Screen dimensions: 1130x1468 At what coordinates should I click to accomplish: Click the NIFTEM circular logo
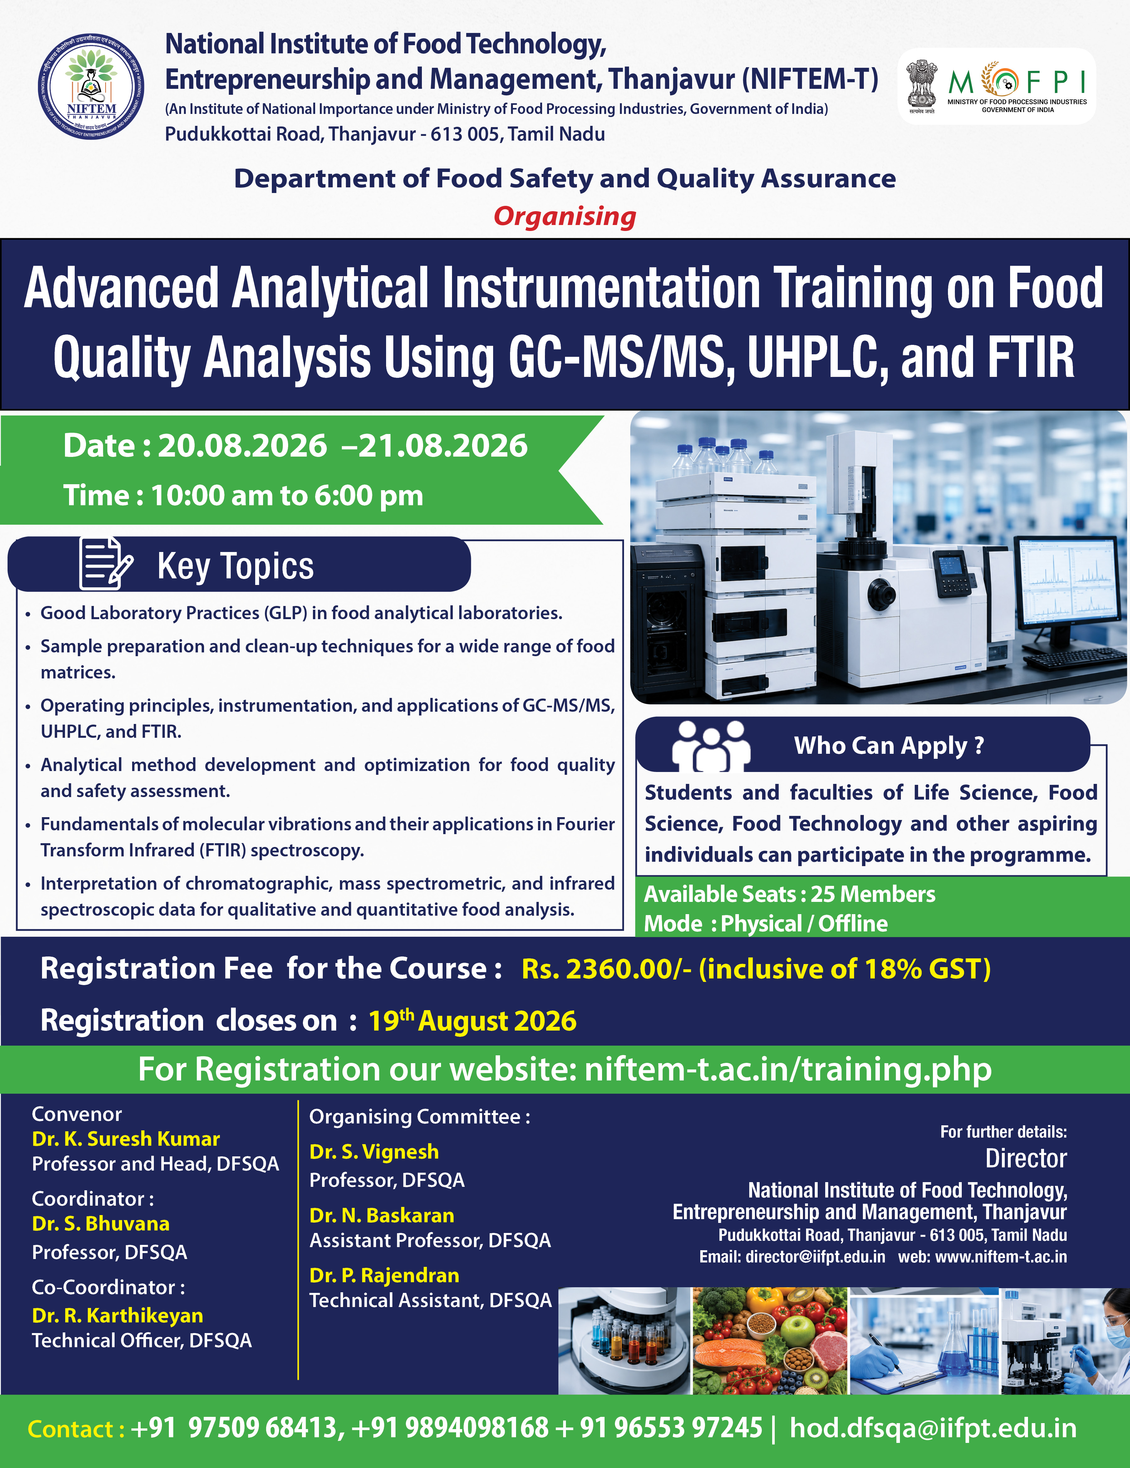click(x=91, y=87)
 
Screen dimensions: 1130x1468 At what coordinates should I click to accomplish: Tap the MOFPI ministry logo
click(x=997, y=86)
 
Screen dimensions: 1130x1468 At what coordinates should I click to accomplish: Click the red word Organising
click(x=565, y=217)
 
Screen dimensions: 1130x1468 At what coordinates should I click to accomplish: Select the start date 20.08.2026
click(x=242, y=446)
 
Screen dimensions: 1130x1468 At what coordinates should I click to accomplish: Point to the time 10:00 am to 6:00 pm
click(x=287, y=496)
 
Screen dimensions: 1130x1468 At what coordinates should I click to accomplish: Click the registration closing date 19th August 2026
click(x=472, y=1020)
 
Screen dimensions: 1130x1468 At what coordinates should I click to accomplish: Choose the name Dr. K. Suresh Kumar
click(x=126, y=1139)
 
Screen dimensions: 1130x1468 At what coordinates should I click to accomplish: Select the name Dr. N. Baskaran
click(x=382, y=1215)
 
